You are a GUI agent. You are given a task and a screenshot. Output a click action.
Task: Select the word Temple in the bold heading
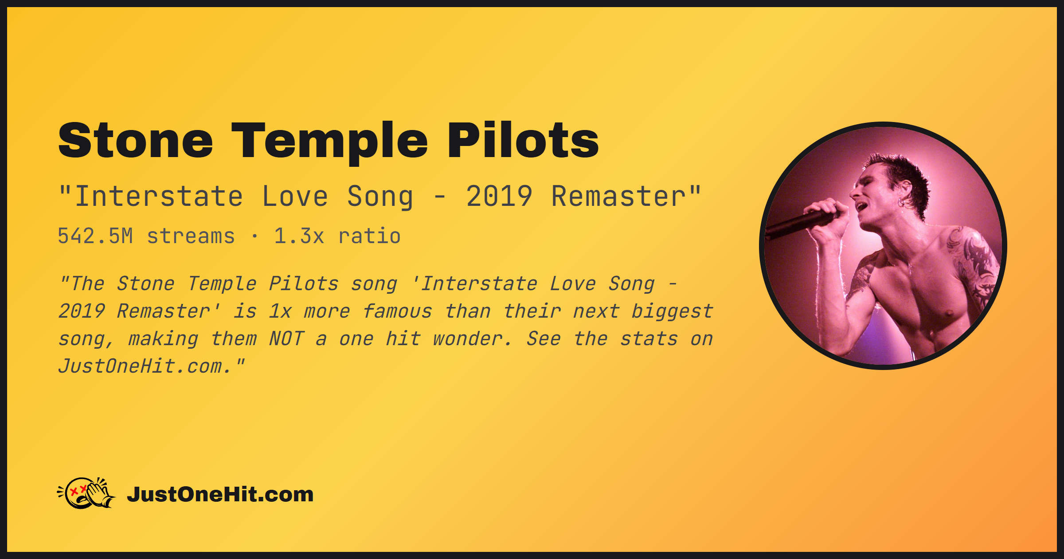coord(330,141)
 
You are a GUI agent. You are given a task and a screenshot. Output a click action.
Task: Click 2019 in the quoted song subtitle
coord(499,197)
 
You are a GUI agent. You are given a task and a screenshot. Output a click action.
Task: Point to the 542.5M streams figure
coord(146,236)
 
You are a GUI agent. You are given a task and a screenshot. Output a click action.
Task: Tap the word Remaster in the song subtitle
coord(619,197)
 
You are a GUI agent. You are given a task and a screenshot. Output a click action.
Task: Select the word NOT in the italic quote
coord(286,339)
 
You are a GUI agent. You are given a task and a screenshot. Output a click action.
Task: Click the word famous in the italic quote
coord(397,311)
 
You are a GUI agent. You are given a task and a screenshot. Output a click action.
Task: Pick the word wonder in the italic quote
coord(472,339)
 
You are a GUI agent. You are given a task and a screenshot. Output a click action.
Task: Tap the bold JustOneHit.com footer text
coord(220,494)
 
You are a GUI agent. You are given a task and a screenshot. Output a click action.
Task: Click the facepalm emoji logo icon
coord(86,493)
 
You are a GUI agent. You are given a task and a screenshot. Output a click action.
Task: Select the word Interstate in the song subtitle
coord(159,197)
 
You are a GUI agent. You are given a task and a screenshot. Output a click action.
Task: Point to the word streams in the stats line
coord(191,236)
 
